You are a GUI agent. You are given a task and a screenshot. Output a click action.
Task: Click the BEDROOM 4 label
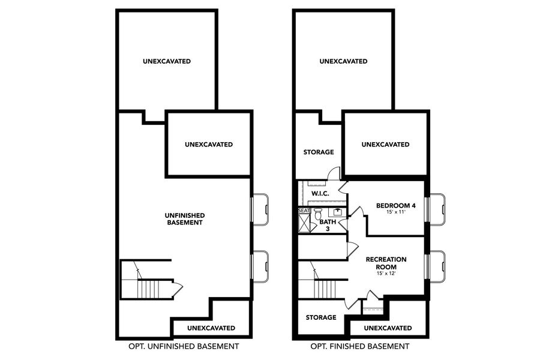(x=395, y=206)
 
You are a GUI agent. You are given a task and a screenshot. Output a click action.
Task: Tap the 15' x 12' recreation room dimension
(x=386, y=274)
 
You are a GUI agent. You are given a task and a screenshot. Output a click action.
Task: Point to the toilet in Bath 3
(x=318, y=214)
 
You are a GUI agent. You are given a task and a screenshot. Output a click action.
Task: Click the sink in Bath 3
(x=338, y=212)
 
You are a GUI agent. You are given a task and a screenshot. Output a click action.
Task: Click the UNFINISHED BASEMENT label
(x=185, y=218)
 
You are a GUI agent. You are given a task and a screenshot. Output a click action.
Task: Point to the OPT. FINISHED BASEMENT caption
(x=359, y=346)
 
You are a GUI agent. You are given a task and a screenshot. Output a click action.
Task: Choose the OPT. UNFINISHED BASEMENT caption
(x=184, y=346)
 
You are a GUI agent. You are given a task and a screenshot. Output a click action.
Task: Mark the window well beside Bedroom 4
(x=437, y=209)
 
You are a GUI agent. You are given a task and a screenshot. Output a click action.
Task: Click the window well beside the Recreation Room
(x=437, y=266)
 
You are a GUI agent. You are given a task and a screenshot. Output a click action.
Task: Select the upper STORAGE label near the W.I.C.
(x=318, y=152)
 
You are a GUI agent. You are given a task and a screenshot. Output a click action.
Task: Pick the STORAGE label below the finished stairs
(x=320, y=317)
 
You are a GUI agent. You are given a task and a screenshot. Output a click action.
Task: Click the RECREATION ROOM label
(x=386, y=262)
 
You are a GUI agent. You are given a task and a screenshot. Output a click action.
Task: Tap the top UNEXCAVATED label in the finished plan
(x=343, y=61)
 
